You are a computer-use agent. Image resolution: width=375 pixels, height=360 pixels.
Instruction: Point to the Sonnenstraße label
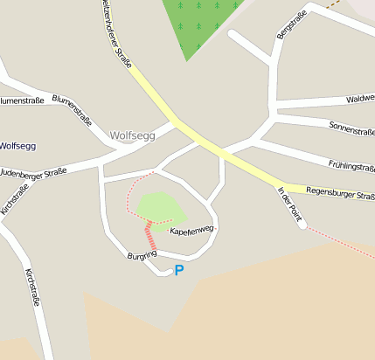click(x=351, y=129)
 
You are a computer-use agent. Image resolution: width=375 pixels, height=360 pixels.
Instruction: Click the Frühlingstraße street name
click(x=351, y=164)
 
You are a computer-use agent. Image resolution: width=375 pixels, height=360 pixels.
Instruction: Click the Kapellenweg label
click(x=191, y=230)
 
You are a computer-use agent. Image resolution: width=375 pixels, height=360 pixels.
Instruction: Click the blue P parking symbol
click(x=179, y=271)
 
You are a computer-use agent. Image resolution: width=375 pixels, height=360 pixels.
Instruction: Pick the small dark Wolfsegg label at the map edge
click(x=17, y=146)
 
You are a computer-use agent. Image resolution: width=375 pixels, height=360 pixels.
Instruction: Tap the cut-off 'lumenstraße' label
click(x=22, y=100)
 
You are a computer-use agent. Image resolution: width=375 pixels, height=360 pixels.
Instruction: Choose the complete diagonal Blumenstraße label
click(x=72, y=109)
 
